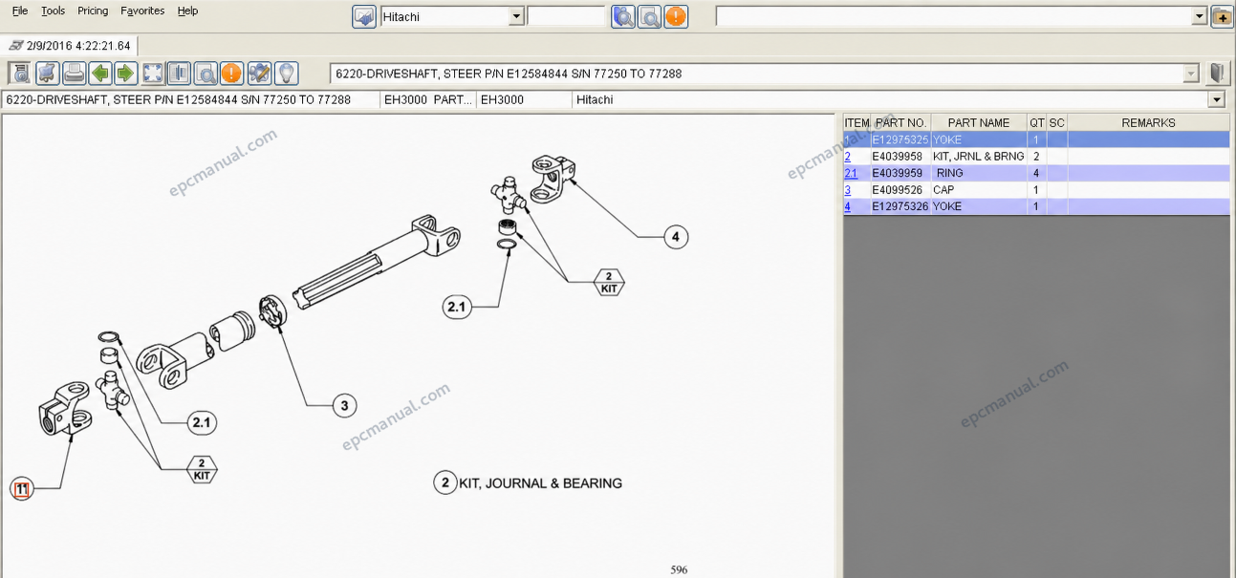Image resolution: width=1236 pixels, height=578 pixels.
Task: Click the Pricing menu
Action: tap(92, 11)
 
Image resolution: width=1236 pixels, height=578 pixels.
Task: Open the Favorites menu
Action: tap(142, 11)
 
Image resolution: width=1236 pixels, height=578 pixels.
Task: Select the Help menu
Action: tap(187, 11)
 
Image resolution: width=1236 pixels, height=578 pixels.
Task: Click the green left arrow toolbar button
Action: tap(100, 73)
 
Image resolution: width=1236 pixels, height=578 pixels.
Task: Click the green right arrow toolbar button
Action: tap(126, 73)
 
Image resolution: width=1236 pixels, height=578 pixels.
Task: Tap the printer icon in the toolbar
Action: tap(74, 73)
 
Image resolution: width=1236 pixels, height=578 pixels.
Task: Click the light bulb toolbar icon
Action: tap(287, 73)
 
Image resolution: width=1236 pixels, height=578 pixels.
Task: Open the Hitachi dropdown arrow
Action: tap(516, 16)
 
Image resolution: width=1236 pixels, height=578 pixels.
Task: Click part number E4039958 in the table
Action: tap(897, 156)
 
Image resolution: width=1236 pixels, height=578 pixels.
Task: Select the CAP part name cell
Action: tap(943, 190)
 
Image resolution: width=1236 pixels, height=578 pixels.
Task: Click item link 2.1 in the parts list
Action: tap(851, 173)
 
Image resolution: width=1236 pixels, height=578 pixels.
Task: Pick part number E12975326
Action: tap(900, 206)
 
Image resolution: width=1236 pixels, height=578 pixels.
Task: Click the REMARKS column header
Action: tap(1148, 122)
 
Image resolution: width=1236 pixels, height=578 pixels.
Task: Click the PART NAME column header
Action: tap(978, 122)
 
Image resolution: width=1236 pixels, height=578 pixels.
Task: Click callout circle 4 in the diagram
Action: tap(676, 237)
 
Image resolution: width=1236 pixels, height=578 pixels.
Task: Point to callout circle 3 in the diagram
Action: tap(344, 406)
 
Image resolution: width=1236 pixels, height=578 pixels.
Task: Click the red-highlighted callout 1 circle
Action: tap(22, 488)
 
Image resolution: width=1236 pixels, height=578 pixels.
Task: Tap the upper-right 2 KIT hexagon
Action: tap(609, 283)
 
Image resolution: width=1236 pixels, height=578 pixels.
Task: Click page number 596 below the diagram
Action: tap(679, 569)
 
